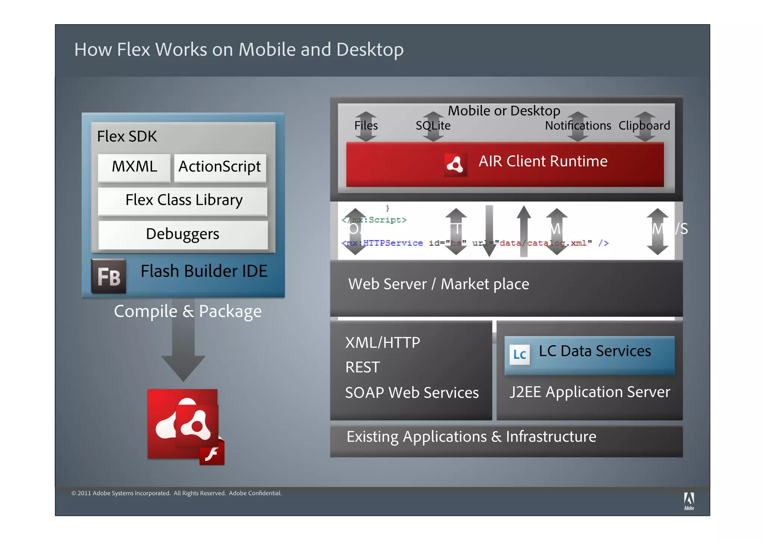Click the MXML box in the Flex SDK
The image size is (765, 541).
coord(134,167)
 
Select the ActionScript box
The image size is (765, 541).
coord(220,167)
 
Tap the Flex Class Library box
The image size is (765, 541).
coord(183,201)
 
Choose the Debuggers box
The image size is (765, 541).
coord(183,234)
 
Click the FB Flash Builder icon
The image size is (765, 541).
coord(108,276)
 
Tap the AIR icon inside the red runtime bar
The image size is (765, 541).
coord(455,164)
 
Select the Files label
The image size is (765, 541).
coord(366,126)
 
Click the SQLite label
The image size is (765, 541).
coord(433,126)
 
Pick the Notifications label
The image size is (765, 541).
coord(577,126)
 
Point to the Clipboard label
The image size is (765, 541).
coord(644,126)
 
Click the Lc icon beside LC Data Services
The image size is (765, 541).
coord(520,355)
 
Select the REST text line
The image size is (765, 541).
coord(362,367)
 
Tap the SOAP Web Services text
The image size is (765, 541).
coord(412,393)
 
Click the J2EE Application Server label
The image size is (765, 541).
coord(589,392)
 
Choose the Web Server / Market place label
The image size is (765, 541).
coord(439,284)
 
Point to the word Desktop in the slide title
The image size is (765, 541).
coord(369,50)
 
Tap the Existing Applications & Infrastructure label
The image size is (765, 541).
coord(471,437)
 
